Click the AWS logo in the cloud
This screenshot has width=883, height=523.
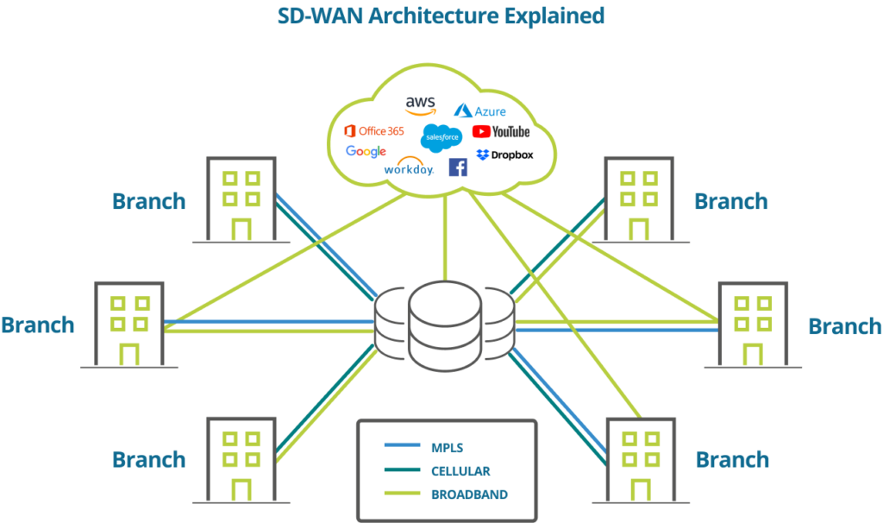(420, 104)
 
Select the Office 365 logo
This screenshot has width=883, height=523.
(373, 131)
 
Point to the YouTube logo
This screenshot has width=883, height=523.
(500, 132)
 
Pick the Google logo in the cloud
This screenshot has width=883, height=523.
(366, 152)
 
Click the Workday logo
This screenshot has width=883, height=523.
(409, 167)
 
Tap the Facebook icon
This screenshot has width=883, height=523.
(458, 167)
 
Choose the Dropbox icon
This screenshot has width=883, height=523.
(483, 154)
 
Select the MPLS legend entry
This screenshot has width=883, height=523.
(446, 447)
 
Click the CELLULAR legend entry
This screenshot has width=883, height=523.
(460, 471)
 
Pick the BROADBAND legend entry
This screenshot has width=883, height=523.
(468, 495)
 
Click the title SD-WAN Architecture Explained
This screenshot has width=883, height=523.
(441, 15)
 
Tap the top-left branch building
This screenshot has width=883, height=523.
(241, 199)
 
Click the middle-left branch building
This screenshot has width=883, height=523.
(129, 325)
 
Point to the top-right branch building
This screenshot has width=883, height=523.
(638, 199)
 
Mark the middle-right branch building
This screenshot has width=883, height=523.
(753, 325)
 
